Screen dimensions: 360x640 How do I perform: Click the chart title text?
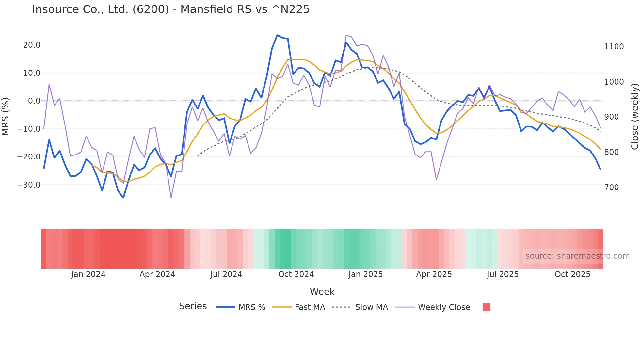[170, 9]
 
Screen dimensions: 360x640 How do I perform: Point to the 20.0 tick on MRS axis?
[32, 45]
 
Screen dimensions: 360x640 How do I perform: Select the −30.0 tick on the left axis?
[29, 185]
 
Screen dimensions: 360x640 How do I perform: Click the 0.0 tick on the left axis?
[34, 101]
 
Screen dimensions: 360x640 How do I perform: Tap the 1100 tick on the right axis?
[614, 47]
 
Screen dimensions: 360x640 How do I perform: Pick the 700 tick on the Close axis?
[611, 188]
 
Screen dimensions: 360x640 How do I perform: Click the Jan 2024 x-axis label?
[88, 274]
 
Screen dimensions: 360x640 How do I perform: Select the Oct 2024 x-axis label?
[296, 274]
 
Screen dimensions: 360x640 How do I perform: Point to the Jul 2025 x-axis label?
[503, 274]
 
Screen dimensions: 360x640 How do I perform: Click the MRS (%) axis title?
[6, 116]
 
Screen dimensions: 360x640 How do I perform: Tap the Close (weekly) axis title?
[634, 116]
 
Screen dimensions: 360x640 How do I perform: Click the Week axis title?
[322, 292]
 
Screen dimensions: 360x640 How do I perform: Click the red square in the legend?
[486, 307]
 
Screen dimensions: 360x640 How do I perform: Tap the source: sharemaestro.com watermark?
[577, 256]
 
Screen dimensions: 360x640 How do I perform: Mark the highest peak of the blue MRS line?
[277, 35]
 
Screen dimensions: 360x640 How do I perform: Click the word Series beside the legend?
[193, 306]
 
